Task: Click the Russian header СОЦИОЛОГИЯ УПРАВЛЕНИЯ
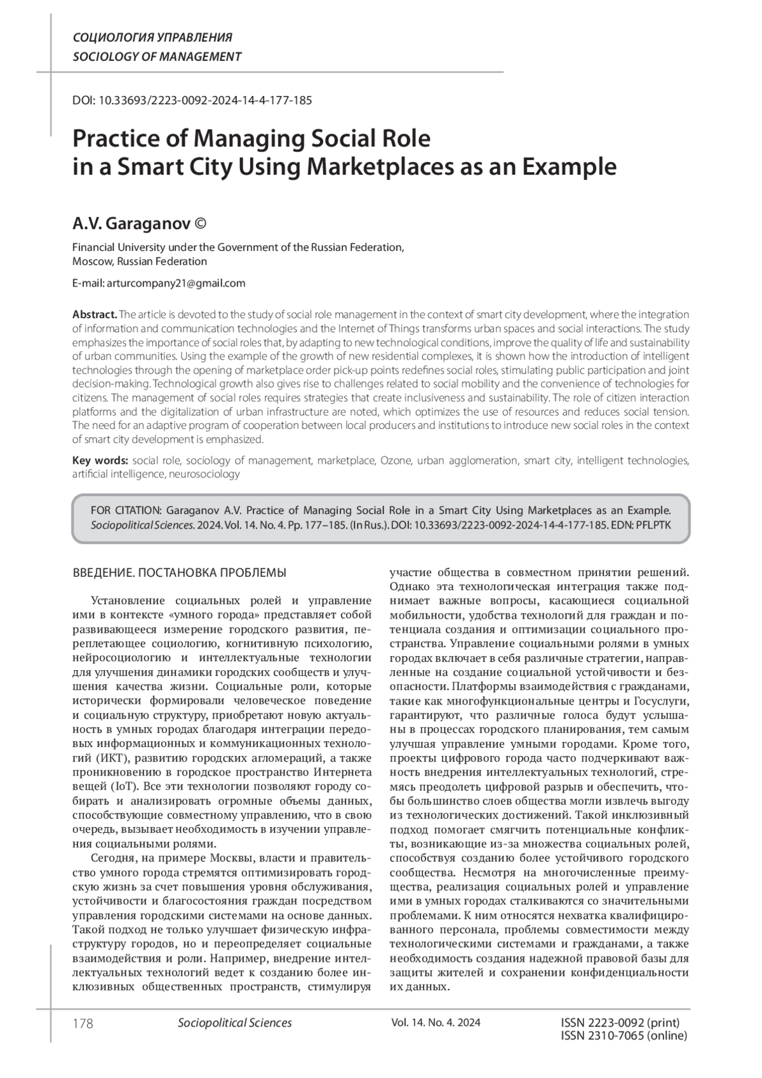click(x=152, y=37)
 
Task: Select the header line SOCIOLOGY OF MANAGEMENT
click(x=157, y=57)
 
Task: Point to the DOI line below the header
click(x=192, y=100)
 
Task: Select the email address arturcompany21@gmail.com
click(x=176, y=283)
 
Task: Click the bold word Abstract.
click(x=95, y=314)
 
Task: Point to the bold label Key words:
click(x=100, y=461)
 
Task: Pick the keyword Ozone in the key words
click(x=396, y=461)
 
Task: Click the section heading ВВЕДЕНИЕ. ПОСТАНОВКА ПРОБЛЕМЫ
click(x=180, y=573)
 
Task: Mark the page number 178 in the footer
click(x=83, y=1023)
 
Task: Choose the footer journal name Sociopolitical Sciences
click(x=235, y=1023)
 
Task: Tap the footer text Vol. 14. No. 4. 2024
click(x=436, y=1023)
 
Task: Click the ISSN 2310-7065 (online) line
click(x=624, y=1036)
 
